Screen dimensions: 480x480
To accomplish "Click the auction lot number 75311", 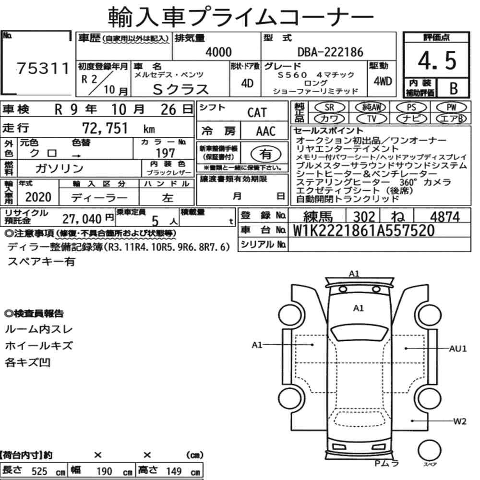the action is pos(43,68).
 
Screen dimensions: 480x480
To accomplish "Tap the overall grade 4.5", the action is pos(437,60).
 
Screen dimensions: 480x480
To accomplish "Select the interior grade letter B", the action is pos(454,88).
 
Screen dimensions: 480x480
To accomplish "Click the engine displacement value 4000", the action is pos(218,52).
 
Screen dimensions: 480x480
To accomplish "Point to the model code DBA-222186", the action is pos(330,52).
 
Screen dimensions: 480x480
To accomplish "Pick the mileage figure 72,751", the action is pos(105,128).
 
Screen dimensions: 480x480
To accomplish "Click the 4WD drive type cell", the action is pos(383,81).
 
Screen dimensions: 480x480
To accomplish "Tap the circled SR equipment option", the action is pos(330,108).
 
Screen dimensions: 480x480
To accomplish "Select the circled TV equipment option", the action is pos(372,119).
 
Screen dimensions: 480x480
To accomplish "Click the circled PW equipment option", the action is pos(451,108).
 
